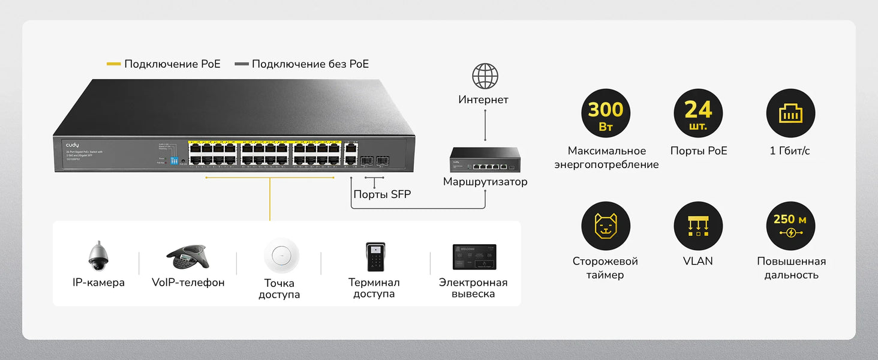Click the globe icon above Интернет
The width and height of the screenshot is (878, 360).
(x=485, y=76)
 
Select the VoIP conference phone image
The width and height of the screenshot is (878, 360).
(x=187, y=257)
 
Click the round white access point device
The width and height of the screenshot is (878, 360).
(x=281, y=256)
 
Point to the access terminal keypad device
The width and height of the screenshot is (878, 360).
(x=375, y=257)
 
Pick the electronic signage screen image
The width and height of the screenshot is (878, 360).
(x=474, y=257)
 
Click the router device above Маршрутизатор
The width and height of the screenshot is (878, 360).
(x=485, y=161)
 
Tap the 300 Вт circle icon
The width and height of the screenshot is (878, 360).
(x=606, y=114)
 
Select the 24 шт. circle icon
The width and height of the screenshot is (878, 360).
(x=698, y=114)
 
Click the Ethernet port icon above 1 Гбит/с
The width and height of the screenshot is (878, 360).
(x=790, y=114)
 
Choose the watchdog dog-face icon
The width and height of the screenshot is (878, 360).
(x=606, y=226)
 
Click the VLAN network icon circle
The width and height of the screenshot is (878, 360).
(x=698, y=226)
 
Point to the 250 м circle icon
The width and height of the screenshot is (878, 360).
(x=790, y=226)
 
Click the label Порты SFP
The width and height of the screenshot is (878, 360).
(x=382, y=194)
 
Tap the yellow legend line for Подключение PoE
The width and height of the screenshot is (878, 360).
(x=114, y=64)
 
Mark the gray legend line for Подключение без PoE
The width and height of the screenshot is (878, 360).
(x=241, y=64)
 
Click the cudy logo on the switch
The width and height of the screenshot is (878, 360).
(x=73, y=146)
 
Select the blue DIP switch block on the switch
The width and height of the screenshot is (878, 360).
(x=175, y=161)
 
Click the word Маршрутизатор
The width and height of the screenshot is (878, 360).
(x=485, y=182)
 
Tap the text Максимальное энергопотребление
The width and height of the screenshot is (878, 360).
(x=606, y=158)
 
